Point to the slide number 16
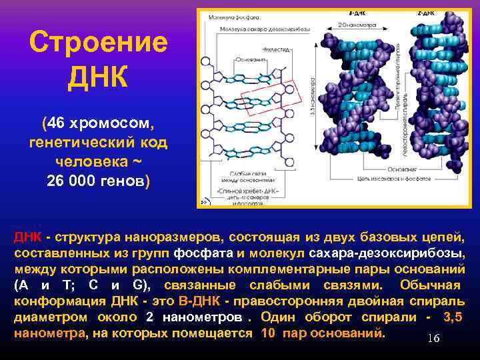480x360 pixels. [433, 339]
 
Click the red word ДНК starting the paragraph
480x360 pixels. [28, 237]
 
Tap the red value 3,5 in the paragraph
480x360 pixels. [453, 317]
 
